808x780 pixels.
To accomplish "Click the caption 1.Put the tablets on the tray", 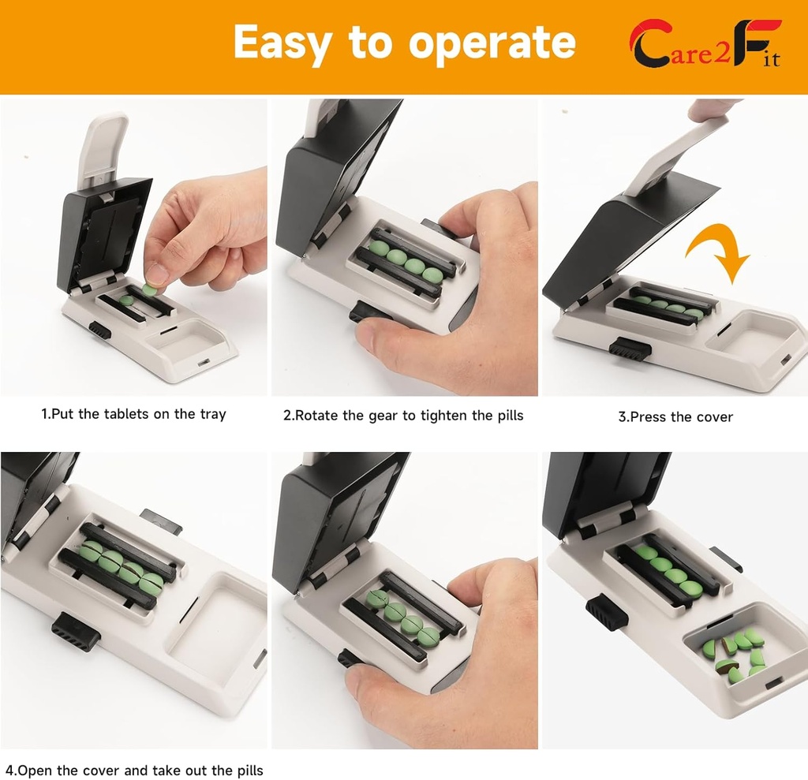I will tap(133, 414).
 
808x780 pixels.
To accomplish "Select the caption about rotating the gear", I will tap(403, 416).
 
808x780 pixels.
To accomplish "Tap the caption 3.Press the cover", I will tap(675, 416).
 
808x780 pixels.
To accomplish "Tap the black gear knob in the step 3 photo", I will tap(629, 348).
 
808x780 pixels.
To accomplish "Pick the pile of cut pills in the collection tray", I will tap(735, 653).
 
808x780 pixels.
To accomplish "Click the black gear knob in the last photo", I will tap(606, 613).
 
